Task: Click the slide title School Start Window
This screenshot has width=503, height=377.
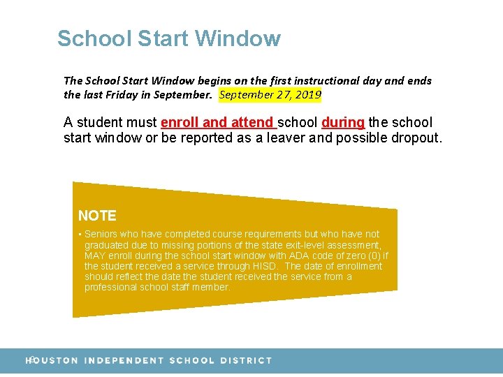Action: pos(169,38)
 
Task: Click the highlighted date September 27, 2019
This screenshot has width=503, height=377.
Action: pos(270,94)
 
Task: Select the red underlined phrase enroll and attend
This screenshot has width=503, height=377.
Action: pos(219,123)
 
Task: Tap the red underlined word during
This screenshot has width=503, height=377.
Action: pos(343,123)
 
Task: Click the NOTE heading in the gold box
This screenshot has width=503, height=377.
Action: pos(97,216)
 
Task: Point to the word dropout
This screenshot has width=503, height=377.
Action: pos(414,138)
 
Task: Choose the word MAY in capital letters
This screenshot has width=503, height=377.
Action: pos(95,256)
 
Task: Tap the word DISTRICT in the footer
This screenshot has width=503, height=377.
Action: pos(246,361)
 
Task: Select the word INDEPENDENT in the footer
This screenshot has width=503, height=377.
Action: pos(124,361)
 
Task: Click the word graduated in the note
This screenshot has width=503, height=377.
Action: pos(105,245)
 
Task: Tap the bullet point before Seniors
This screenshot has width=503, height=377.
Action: pos(80,235)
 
